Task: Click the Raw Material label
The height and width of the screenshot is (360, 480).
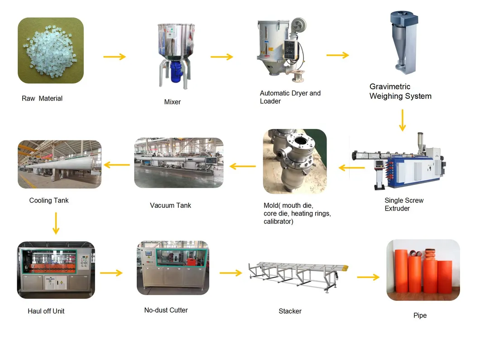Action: [x=42, y=98]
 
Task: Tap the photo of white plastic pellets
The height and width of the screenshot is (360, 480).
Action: [x=51, y=50]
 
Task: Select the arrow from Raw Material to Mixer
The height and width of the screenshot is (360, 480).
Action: [x=115, y=57]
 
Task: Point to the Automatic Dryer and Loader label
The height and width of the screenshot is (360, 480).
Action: [x=290, y=97]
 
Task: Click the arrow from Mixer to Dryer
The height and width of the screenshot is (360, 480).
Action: [x=221, y=57]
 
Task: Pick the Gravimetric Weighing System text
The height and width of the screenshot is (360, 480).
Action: [x=400, y=91]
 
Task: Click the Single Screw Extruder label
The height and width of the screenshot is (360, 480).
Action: [x=404, y=204]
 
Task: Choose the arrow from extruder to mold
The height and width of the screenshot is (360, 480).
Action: [x=352, y=168]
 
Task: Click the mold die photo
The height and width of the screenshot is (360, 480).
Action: [x=295, y=162]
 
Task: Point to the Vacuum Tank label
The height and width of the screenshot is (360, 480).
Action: [x=170, y=205]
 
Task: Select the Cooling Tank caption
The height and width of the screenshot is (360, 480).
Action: [x=49, y=200]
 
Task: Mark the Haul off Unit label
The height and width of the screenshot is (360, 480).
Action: [x=46, y=311]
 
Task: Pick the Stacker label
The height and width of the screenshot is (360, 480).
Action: [x=290, y=311]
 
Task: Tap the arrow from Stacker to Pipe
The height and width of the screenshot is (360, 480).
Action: [x=368, y=277]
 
